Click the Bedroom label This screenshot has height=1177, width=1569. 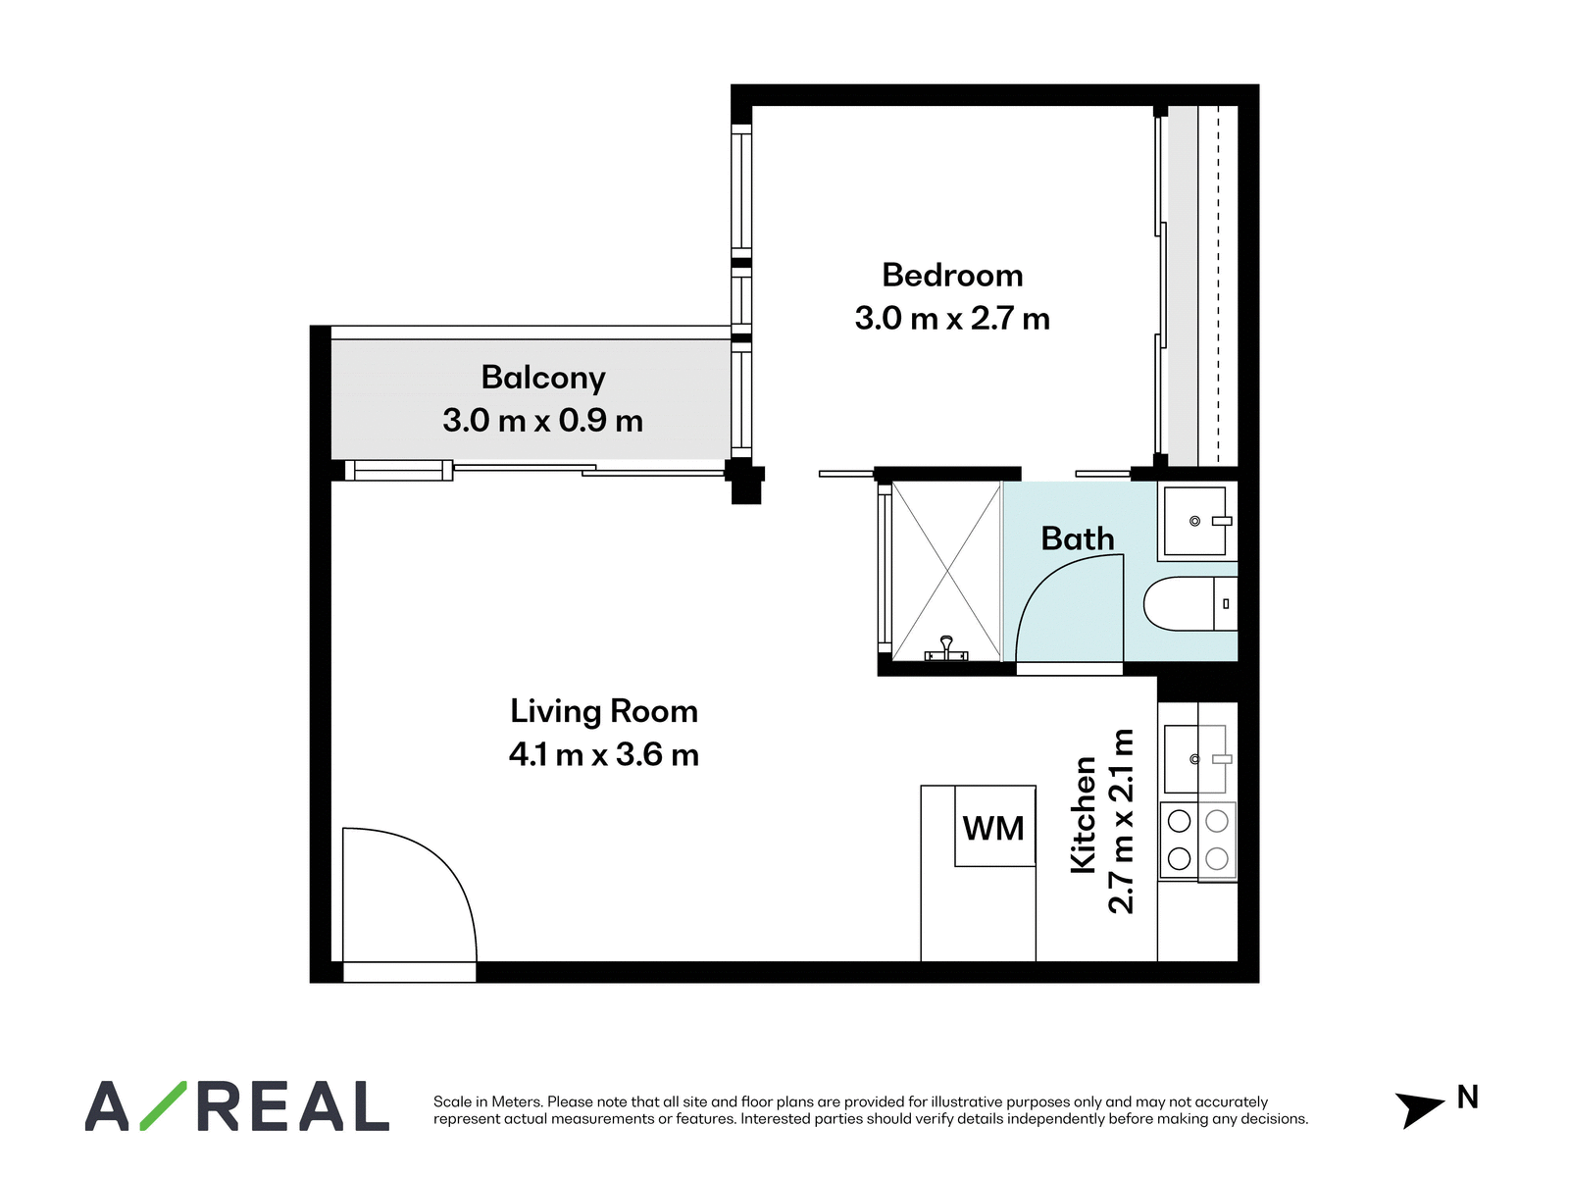point(952,276)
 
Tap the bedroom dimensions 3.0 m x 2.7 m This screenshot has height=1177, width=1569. point(952,318)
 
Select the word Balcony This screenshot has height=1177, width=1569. point(543,378)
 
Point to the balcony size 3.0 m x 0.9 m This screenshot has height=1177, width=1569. point(542,420)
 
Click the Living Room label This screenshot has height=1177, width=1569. point(604,712)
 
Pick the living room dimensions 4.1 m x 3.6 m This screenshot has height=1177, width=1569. point(604,754)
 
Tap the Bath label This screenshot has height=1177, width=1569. point(1077,538)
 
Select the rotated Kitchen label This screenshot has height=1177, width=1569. point(1084,815)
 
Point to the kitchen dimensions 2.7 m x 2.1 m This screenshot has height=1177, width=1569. point(1121,822)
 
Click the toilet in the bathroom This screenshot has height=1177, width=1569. point(1190,604)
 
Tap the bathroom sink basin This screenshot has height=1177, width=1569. point(1195,521)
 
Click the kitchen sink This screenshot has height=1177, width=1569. point(1195,759)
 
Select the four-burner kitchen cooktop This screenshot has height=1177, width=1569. point(1198,841)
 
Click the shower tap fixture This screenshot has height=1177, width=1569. point(946,649)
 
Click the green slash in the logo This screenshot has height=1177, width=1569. point(164,1105)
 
